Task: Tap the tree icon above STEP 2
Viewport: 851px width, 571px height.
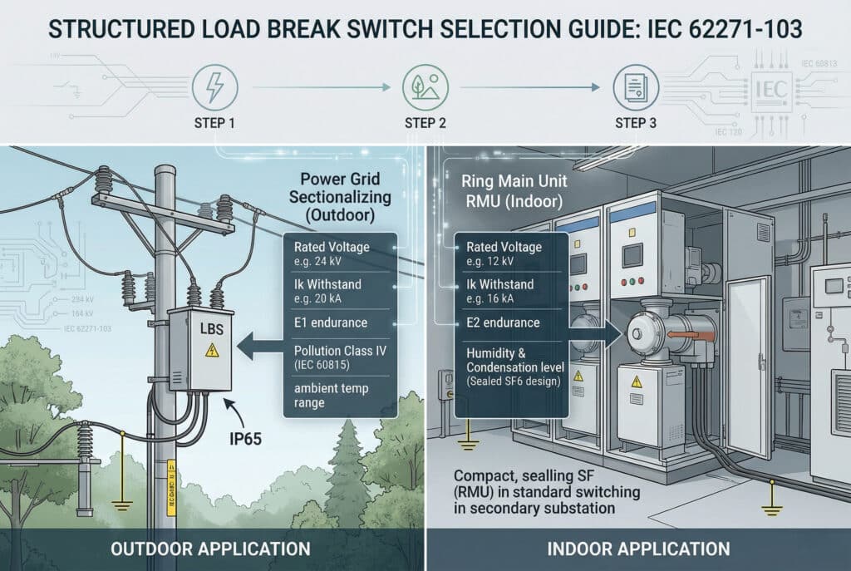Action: coord(418,86)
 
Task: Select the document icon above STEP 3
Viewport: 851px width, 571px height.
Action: coord(629,86)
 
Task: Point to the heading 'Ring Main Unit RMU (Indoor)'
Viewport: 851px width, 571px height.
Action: coord(509,190)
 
